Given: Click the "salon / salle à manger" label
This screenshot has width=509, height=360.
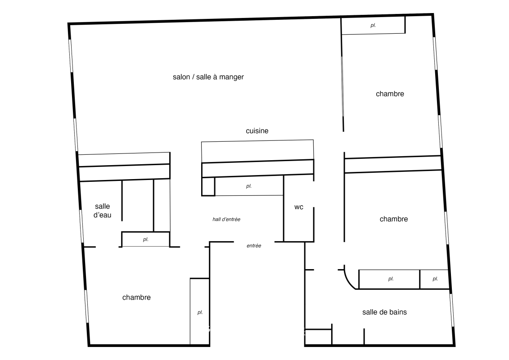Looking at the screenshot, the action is coord(208,77).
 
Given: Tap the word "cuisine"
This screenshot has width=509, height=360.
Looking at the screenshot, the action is coord(257,131).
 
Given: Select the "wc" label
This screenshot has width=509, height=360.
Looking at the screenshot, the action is coord(299,207).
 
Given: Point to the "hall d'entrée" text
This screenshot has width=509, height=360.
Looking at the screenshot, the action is coord(226,220).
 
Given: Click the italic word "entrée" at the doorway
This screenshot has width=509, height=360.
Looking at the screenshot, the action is coord(254,246).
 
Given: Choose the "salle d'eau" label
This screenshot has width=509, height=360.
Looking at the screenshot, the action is coord(103,211).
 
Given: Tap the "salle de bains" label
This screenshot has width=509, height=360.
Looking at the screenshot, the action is coord(384,312).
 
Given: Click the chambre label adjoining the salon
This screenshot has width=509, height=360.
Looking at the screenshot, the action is coord(390,94).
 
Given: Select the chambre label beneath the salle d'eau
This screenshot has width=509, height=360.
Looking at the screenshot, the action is coord(136,297).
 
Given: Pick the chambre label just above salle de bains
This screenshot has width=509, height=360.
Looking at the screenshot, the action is coord(394,219).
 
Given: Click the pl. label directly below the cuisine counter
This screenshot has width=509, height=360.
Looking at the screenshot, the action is coord(249,186).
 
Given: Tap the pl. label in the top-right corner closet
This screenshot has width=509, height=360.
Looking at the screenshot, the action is coord(373,25).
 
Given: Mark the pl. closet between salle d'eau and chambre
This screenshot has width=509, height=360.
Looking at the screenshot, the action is coord(146,239).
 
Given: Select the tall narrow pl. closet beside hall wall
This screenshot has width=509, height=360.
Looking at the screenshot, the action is coord(200,311).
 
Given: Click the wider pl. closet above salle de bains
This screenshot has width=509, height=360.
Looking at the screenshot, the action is coord(389,279).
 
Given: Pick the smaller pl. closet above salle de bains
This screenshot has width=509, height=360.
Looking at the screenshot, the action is coord(434,279).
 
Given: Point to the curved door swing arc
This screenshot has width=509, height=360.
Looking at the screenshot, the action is coord(348,281).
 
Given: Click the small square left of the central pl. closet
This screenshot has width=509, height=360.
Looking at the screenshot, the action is coord(208,186).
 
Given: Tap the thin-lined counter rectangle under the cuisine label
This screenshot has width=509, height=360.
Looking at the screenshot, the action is coord(257,151).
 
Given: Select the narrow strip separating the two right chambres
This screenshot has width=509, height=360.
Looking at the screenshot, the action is coord(393,164).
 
